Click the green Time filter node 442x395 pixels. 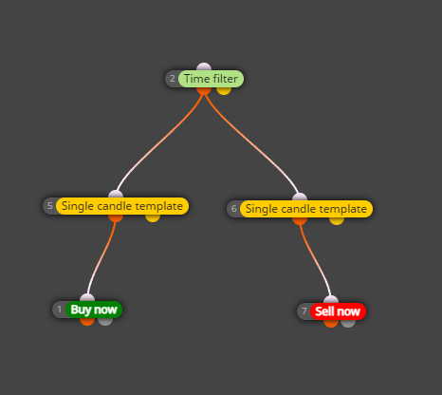point(211,79)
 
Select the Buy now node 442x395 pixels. point(94,310)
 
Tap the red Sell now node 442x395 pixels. point(338,311)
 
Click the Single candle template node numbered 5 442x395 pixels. point(122,206)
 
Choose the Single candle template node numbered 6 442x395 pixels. point(306,209)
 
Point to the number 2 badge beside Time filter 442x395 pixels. point(173,79)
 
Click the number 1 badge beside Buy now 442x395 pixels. point(60,310)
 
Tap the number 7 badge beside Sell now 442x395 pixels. point(304,311)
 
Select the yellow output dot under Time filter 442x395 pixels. point(224,90)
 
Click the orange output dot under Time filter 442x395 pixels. point(204,90)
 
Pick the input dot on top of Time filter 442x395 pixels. point(204,66)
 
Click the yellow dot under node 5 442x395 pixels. point(153,218)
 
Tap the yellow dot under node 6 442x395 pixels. point(337,221)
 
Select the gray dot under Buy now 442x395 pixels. point(105,321)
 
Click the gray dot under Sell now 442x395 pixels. point(348,324)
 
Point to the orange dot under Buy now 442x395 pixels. point(87,321)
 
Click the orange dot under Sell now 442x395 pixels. point(331,324)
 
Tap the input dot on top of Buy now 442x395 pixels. point(87,298)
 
